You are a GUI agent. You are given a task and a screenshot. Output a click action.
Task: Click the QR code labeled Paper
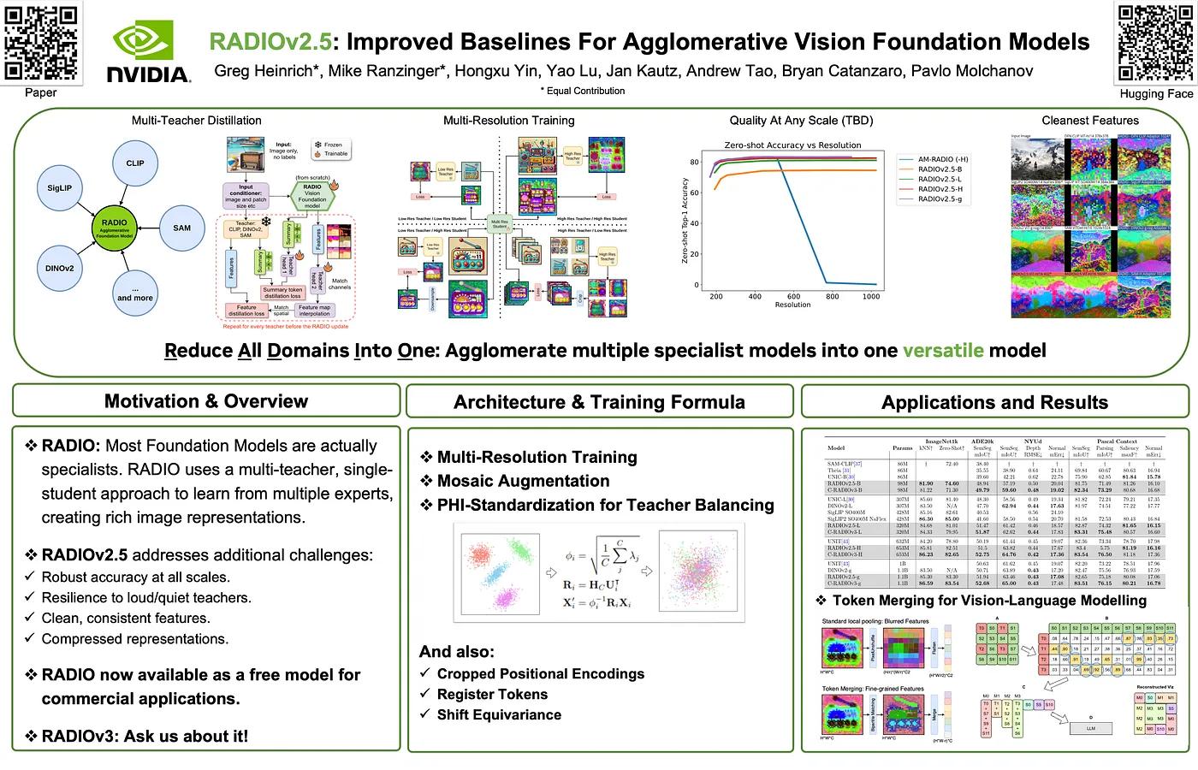click(x=40, y=43)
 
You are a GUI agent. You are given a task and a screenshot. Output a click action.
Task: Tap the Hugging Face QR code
click(x=1155, y=43)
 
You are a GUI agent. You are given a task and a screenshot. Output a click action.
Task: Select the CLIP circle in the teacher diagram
click(x=135, y=163)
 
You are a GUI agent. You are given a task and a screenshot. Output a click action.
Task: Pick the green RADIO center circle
click(x=114, y=228)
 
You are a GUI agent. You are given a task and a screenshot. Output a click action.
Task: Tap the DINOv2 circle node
click(x=59, y=268)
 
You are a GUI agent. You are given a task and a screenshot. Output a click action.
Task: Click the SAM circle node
click(x=181, y=228)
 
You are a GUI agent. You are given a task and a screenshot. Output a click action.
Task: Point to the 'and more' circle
click(x=135, y=293)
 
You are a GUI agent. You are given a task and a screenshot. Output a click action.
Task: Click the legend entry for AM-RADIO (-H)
click(x=948, y=159)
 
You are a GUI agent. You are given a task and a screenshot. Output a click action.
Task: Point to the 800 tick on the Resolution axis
click(x=832, y=297)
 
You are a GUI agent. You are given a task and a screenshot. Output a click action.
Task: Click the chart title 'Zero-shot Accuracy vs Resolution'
click(x=792, y=145)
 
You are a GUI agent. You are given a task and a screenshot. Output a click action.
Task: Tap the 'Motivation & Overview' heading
click(x=206, y=401)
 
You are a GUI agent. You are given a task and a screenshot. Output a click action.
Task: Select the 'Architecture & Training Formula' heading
click(x=599, y=402)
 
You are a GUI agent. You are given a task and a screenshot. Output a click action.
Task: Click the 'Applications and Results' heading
click(x=994, y=402)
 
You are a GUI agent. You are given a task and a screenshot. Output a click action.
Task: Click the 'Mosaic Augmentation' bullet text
click(x=523, y=481)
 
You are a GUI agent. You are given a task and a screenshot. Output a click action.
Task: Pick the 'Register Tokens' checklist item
click(x=492, y=694)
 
